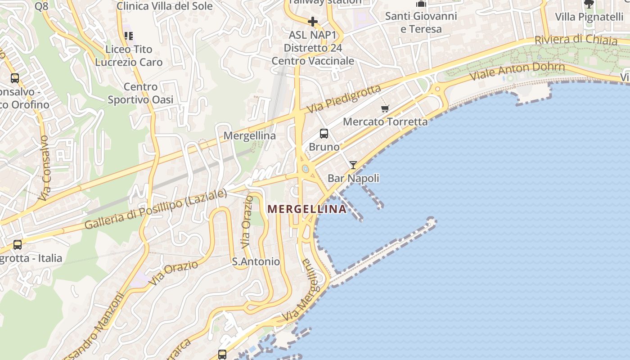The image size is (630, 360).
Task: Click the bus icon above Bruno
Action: click(x=324, y=134)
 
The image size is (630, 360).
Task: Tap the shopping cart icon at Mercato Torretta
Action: click(x=385, y=108)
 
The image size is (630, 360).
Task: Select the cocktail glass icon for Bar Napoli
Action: click(x=353, y=165)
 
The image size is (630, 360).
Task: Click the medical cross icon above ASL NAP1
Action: click(x=312, y=21)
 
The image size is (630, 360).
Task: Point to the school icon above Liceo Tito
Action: click(x=128, y=36)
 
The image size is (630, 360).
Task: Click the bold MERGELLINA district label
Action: click(x=307, y=209)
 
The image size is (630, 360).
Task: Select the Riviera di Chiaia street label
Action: click(x=576, y=40)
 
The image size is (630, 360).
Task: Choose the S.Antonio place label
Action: click(x=256, y=261)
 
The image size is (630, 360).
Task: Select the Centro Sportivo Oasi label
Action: click(x=140, y=93)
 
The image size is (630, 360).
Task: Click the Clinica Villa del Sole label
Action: click(x=164, y=6)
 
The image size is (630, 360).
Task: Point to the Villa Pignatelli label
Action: click(x=589, y=17)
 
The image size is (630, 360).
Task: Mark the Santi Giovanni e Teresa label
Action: click(x=421, y=22)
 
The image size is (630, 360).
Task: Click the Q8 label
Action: click(x=41, y=6)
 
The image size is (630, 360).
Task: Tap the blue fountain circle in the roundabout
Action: click(x=306, y=169)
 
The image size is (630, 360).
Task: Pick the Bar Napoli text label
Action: click(x=353, y=178)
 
